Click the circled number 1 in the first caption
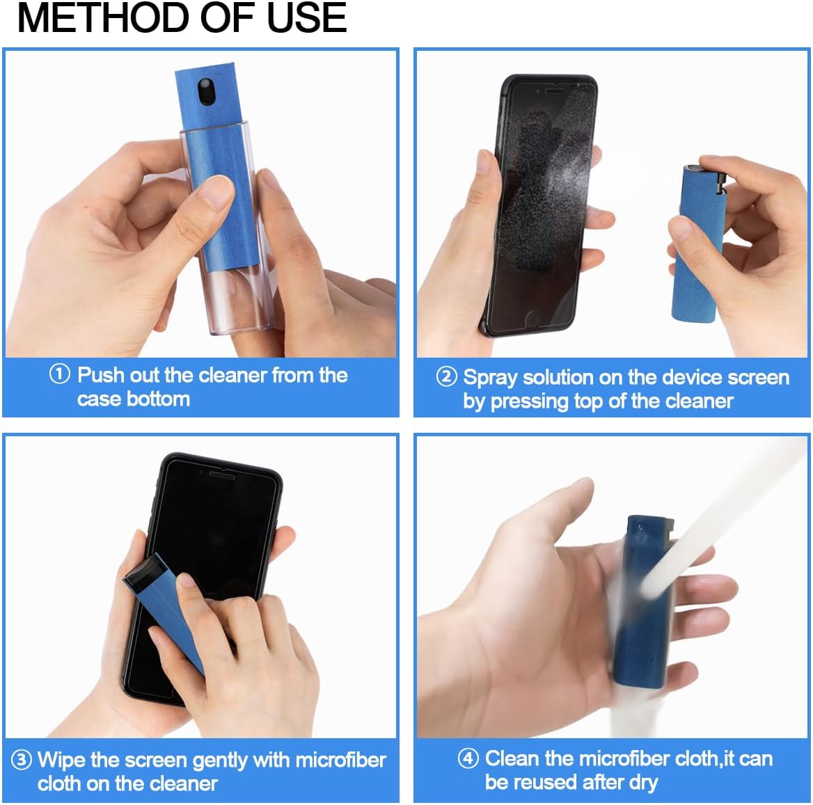tap(59, 374)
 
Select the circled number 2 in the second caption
tap(446, 377)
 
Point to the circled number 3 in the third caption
tap(22, 759)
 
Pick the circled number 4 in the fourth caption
tap(468, 758)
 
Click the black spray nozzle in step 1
tap(206, 90)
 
